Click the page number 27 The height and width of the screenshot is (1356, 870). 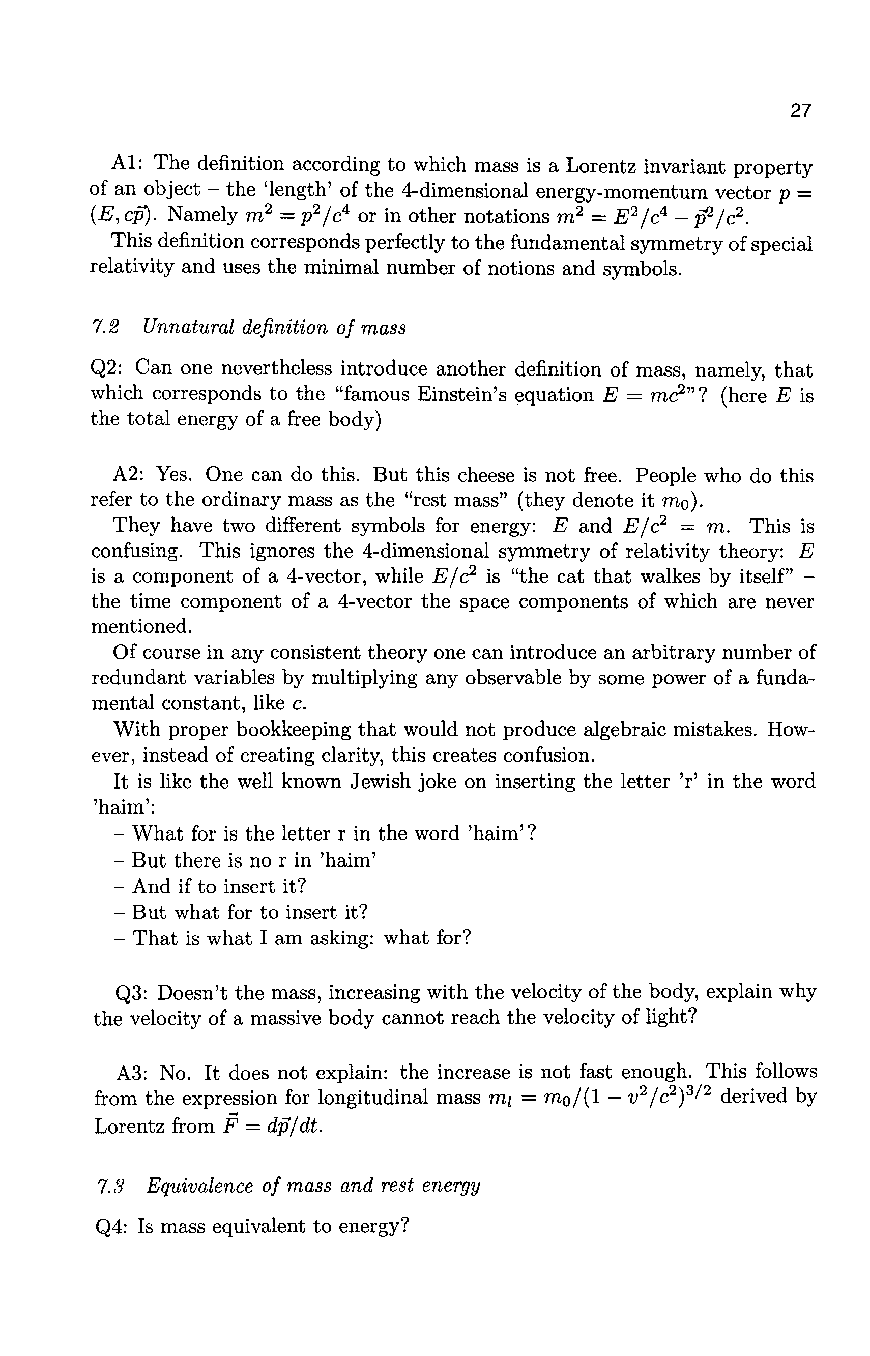[x=800, y=111]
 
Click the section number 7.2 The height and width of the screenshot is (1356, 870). [x=105, y=328]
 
